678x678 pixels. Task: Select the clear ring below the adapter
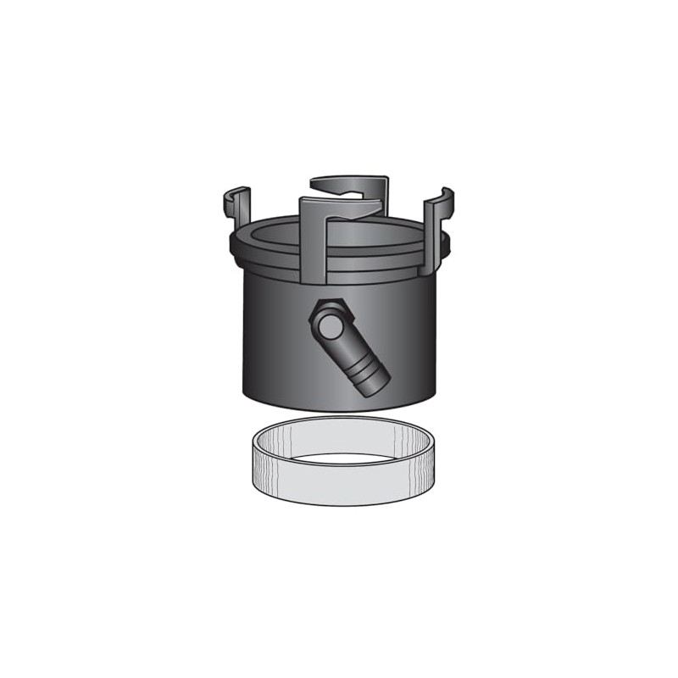pos(343,462)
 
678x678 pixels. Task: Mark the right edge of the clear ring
pos(433,458)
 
